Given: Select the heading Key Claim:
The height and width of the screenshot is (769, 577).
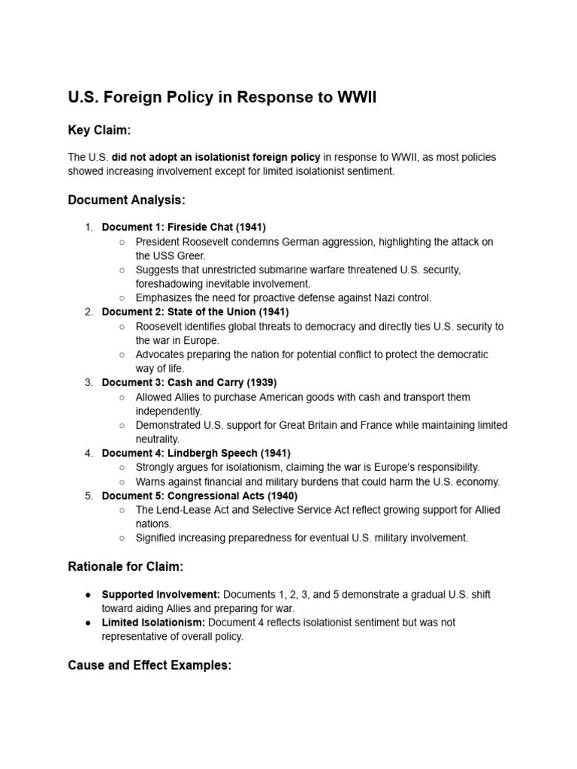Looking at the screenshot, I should click(x=99, y=131).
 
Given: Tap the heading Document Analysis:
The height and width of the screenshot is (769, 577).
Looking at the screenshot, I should click(x=126, y=200).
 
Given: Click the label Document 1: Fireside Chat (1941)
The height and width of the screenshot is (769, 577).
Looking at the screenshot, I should click(x=183, y=227).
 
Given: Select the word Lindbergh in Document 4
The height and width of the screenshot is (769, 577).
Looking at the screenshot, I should click(x=193, y=453).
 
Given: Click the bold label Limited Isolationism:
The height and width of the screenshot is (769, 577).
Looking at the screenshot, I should click(x=153, y=623).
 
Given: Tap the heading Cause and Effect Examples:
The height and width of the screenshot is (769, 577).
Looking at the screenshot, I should click(x=150, y=665).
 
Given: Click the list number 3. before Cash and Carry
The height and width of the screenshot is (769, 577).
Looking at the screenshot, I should click(x=89, y=382).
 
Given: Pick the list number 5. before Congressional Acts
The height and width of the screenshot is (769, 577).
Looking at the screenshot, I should click(x=89, y=496).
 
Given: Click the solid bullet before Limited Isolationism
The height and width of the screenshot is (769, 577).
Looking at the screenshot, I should click(x=88, y=623).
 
